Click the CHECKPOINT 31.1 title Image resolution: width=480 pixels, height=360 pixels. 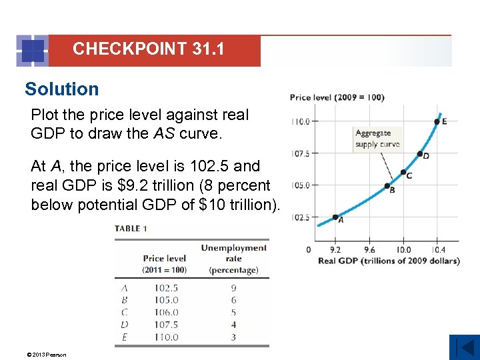click(x=149, y=49)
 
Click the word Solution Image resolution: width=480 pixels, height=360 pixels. click(x=61, y=89)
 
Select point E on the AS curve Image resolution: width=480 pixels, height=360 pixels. click(x=437, y=121)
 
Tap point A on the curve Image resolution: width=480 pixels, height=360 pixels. click(x=335, y=217)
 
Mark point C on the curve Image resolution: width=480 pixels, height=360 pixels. click(x=403, y=172)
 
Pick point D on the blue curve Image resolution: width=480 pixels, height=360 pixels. click(x=420, y=154)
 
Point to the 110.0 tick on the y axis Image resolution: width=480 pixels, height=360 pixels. click(x=301, y=121)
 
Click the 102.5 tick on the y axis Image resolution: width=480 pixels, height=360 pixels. click(x=301, y=217)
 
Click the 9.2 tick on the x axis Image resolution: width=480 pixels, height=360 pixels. click(x=335, y=249)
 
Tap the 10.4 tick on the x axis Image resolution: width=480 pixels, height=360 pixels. click(x=437, y=249)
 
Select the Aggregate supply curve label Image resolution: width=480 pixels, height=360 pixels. click(x=377, y=138)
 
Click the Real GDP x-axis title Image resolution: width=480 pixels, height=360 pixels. click(x=389, y=261)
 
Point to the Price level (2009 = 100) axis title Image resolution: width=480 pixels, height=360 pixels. click(x=337, y=97)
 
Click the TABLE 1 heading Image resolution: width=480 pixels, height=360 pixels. click(x=131, y=228)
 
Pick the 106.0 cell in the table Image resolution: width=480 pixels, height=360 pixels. click(x=166, y=312)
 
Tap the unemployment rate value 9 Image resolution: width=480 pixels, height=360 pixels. click(x=233, y=288)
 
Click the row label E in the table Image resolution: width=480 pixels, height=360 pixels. click(x=125, y=337)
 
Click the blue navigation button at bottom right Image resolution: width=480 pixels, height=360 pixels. click(x=464, y=347)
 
